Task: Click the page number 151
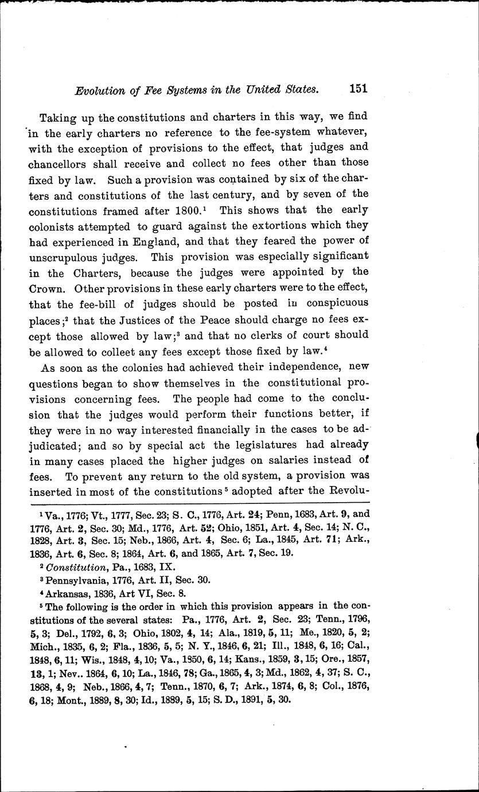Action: click(357, 88)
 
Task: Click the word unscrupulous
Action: click(76, 257)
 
